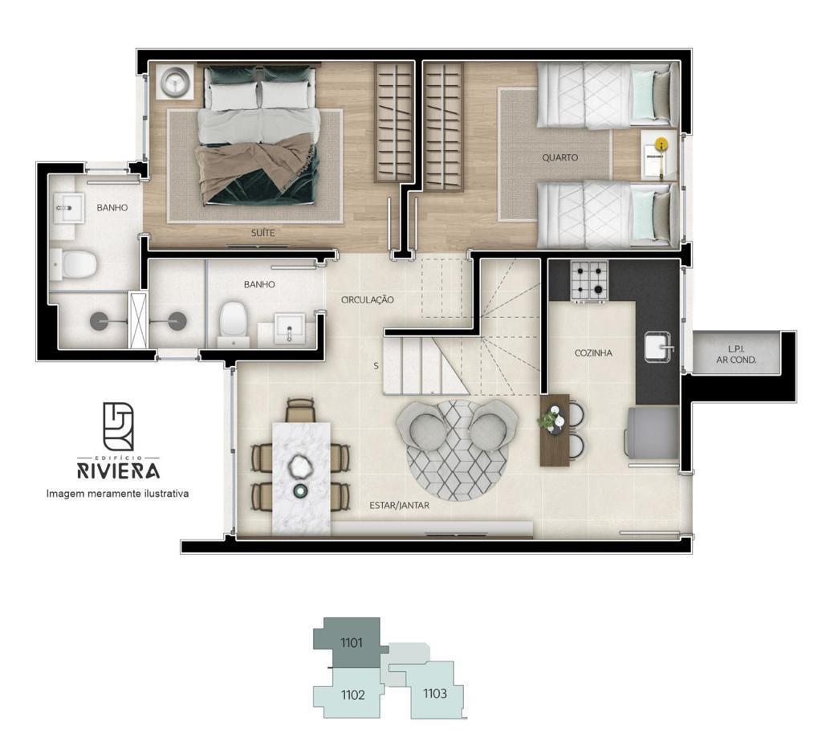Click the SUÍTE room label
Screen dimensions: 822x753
(262, 233)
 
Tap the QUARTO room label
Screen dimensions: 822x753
(560, 157)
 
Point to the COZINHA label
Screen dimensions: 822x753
(593, 353)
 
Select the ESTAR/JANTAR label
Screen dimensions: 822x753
(400, 506)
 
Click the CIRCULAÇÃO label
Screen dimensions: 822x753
(367, 300)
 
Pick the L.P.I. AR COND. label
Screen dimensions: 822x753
(736, 355)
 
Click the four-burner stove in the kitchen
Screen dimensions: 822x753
(589, 281)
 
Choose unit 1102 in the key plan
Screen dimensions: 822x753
(352, 694)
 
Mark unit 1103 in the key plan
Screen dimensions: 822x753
(435, 694)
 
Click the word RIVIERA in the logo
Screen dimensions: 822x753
(119, 470)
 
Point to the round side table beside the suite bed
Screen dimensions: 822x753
(174, 82)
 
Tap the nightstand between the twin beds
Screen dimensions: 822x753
(655, 155)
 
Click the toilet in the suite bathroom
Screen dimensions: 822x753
(75, 264)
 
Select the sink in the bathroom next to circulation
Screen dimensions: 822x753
(288, 329)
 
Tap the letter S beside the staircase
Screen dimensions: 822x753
(376, 366)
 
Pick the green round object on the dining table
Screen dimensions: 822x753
(300, 490)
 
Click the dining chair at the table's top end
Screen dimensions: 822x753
(300, 409)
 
